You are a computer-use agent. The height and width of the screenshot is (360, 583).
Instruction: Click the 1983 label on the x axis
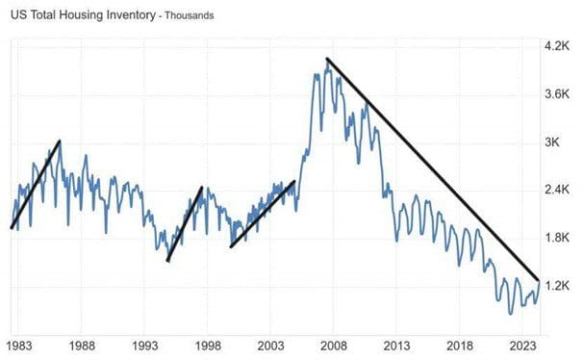click(x=18, y=345)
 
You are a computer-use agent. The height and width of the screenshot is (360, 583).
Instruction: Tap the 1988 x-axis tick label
click(x=82, y=345)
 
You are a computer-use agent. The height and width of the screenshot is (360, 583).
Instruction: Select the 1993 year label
click(x=145, y=345)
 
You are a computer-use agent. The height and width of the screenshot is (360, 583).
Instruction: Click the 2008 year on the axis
click(x=334, y=345)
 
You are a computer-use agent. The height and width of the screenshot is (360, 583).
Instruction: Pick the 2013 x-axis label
click(x=397, y=345)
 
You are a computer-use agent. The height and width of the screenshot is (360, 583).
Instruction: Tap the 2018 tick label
click(x=460, y=345)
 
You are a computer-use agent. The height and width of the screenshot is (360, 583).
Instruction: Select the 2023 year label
click(x=522, y=345)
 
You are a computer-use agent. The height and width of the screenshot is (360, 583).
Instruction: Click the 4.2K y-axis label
click(x=559, y=46)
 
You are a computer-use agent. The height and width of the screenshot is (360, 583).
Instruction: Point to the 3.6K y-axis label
click(x=559, y=94)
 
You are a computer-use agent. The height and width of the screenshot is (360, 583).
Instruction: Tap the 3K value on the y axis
click(x=554, y=142)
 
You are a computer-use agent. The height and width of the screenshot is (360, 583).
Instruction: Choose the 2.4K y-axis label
click(x=559, y=190)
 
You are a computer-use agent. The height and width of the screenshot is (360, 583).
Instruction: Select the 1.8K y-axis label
click(x=559, y=238)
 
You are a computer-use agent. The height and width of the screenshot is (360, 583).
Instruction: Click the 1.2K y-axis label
click(x=559, y=286)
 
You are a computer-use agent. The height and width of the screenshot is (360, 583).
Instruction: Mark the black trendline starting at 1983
click(x=36, y=184)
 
